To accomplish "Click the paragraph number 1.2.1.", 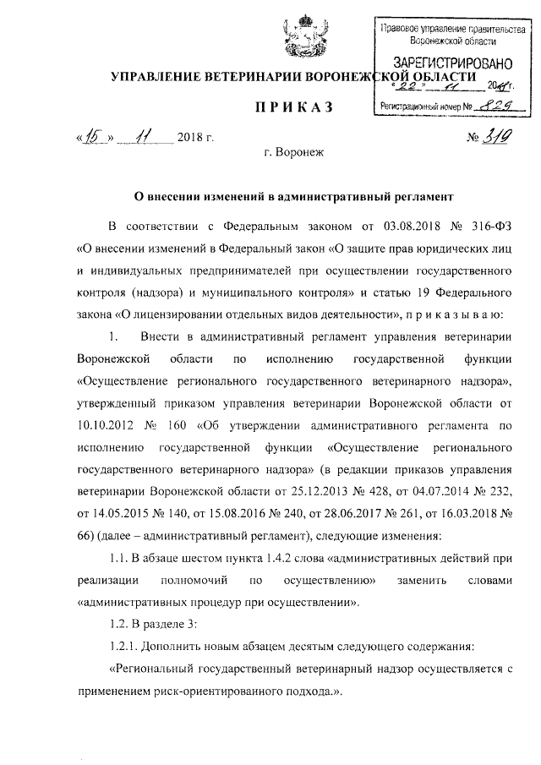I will pos(128,646).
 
